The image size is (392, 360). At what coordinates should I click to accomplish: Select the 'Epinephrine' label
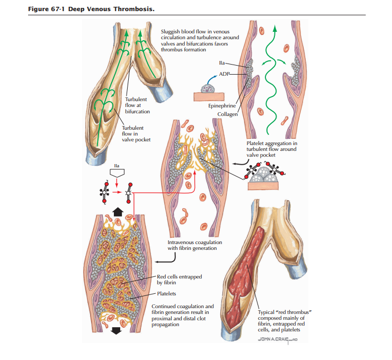(x=221, y=106)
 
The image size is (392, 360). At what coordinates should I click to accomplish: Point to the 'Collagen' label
(x=227, y=114)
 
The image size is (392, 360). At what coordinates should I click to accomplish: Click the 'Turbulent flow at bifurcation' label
(x=137, y=105)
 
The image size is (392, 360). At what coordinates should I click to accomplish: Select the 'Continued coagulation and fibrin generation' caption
(x=183, y=316)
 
